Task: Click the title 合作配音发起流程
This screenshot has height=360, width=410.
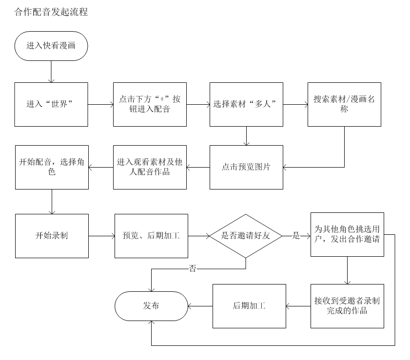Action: (x=51, y=12)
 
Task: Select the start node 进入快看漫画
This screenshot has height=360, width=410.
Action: (x=51, y=46)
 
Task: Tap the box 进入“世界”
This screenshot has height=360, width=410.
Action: (x=51, y=104)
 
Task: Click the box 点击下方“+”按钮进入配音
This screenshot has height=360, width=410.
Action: (x=150, y=104)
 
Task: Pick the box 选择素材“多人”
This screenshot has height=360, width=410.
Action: (x=247, y=104)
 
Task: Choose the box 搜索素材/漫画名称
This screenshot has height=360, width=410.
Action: (x=344, y=104)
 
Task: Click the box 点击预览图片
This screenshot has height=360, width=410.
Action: (x=247, y=167)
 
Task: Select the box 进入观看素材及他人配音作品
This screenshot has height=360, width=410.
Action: (x=150, y=167)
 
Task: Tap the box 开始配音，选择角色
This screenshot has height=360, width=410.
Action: (x=51, y=167)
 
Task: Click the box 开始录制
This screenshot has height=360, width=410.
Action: (x=52, y=236)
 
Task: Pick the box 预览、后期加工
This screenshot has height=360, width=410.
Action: (x=151, y=236)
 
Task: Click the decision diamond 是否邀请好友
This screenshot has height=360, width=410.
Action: (x=246, y=236)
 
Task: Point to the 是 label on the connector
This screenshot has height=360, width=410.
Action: (x=296, y=236)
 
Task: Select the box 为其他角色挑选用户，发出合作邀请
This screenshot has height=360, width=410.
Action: (x=347, y=234)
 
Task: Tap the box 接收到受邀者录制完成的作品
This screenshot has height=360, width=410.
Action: (x=347, y=306)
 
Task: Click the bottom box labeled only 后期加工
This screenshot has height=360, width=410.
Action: (x=249, y=306)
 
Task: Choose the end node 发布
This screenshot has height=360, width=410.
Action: (x=151, y=306)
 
